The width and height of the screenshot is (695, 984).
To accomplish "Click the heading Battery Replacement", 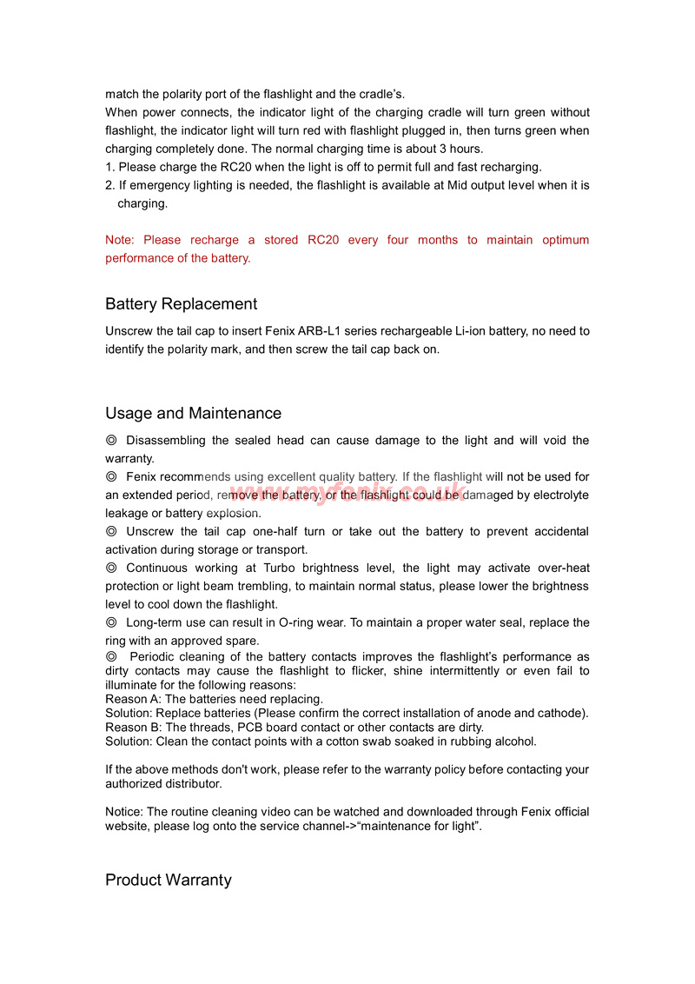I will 181,304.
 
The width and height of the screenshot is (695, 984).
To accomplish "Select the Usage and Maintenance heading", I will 193,414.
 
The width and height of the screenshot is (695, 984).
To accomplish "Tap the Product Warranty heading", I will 169,881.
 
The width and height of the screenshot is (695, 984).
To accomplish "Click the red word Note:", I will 119,240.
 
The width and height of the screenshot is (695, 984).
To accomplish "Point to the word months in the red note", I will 437,240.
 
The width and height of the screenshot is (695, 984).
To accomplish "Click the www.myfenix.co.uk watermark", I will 347,494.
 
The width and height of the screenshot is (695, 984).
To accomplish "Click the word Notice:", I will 124,812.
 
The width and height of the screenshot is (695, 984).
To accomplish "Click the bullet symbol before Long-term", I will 111,622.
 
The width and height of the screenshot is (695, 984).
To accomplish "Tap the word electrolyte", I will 559,495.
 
